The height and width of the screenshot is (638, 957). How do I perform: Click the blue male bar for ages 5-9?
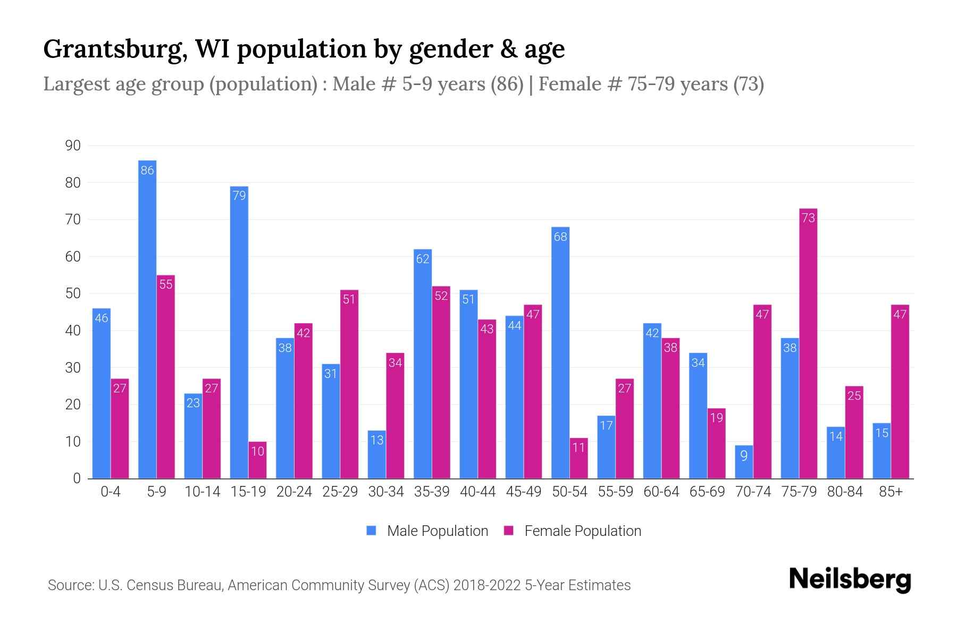(147, 319)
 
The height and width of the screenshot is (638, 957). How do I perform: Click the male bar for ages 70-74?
(744, 462)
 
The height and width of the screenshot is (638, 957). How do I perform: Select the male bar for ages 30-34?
(377, 455)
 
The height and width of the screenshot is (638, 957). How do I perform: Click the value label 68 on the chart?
(560, 237)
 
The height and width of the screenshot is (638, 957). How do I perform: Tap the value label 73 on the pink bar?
(808, 218)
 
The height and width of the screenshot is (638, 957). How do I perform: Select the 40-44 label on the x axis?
(477, 492)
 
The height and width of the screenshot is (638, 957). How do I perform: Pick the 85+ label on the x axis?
(891, 492)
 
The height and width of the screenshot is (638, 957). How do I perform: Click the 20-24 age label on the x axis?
(294, 492)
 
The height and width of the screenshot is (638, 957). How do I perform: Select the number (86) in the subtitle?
(507, 84)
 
